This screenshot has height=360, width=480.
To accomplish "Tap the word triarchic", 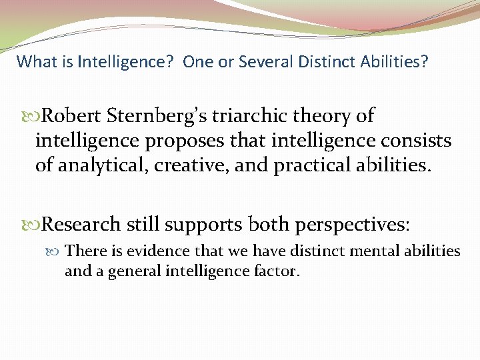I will [245, 117].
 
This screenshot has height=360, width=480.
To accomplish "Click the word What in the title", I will [33, 62].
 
